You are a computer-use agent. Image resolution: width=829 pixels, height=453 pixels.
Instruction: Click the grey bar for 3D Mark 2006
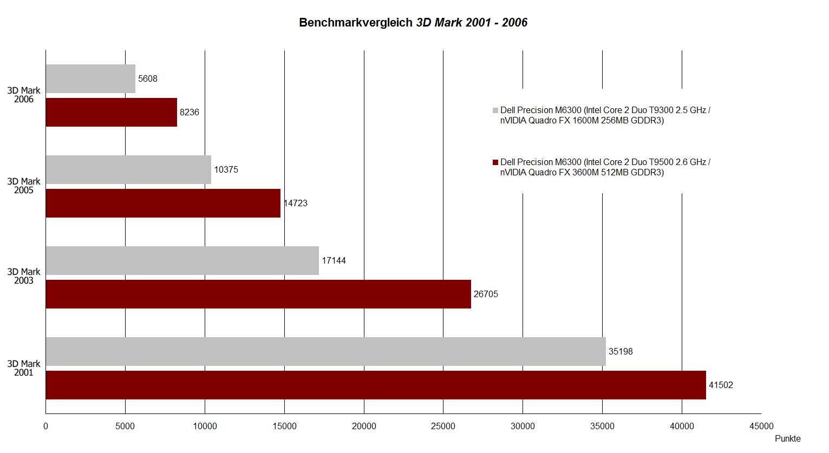pyautogui.click(x=90, y=79)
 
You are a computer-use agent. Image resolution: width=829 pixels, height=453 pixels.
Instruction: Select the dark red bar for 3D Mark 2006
pyautogui.click(x=112, y=113)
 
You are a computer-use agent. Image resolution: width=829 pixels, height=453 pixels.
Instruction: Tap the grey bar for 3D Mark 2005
pyautogui.click(x=128, y=170)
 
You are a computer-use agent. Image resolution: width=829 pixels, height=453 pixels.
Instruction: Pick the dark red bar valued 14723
pyautogui.click(x=163, y=203)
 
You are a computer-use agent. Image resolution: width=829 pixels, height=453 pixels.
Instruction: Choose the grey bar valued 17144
pyautogui.click(x=182, y=261)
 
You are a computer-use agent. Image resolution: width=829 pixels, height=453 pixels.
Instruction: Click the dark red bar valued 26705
pyautogui.click(x=258, y=294)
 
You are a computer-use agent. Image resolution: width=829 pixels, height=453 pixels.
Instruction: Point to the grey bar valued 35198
pyautogui.click(x=325, y=352)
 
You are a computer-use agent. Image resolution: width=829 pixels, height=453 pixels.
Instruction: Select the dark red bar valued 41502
pyautogui.click(x=376, y=385)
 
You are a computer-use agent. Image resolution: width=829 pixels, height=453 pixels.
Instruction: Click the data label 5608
pyautogui.click(x=148, y=79)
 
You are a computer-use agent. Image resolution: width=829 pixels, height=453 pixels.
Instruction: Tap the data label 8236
pyautogui.click(x=190, y=113)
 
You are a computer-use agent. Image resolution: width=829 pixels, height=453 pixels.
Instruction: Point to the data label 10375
pyautogui.click(x=226, y=170)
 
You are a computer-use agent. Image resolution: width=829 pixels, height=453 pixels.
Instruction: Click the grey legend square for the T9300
pyautogui.click(x=495, y=110)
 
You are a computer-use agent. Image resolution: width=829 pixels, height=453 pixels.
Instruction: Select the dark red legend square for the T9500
pyautogui.click(x=495, y=162)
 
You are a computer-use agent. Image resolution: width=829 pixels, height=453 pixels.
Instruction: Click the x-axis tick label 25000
pyautogui.click(x=443, y=426)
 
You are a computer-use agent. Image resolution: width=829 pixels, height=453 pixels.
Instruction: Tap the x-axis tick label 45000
pyautogui.click(x=761, y=426)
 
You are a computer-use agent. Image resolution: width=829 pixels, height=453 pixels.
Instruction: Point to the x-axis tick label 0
pyautogui.click(x=45, y=426)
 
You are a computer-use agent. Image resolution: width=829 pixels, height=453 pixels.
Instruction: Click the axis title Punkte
pyautogui.click(x=787, y=439)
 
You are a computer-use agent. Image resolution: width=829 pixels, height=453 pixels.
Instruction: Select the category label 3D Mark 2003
pyautogui.click(x=24, y=277)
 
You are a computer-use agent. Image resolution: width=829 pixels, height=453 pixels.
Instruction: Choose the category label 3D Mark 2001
pyautogui.click(x=24, y=369)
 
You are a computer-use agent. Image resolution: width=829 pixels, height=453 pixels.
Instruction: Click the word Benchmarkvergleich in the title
pyautogui.click(x=356, y=23)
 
